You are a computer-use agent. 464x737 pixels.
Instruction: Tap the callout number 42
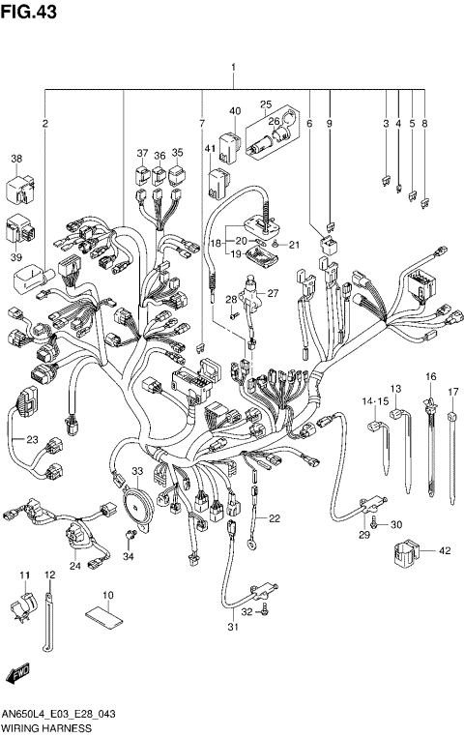click(x=445, y=550)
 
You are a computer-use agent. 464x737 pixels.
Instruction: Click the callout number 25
click(x=265, y=103)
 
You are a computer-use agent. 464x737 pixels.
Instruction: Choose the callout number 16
click(x=431, y=375)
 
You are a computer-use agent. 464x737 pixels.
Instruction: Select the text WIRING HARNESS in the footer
click(x=46, y=726)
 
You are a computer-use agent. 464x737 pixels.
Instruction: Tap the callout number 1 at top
click(x=233, y=68)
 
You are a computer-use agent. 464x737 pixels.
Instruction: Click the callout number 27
click(x=273, y=294)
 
